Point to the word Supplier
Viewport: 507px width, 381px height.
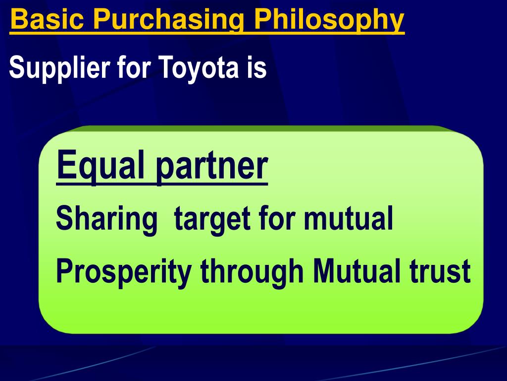pos(60,68)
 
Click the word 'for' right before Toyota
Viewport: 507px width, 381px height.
pos(135,68)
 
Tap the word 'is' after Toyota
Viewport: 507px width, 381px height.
pos(254,68)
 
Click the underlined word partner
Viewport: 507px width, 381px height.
pos(211,167)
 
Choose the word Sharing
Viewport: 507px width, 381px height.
pos(105,219)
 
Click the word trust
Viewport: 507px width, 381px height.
pos(440,272)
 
